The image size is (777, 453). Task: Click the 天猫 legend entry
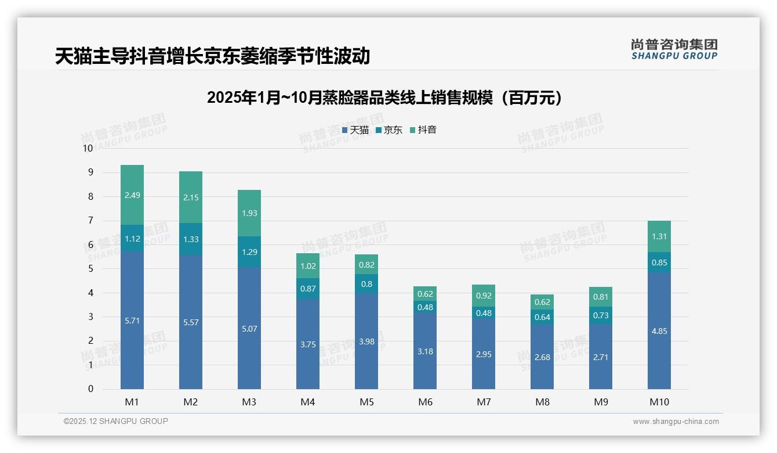(355, 130)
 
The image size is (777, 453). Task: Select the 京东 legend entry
(389, 130)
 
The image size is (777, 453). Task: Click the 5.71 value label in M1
(132, 321)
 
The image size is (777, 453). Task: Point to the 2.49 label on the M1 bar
(132, 195)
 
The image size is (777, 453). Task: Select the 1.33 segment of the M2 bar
(191, 239)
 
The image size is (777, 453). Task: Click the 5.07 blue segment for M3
(249, 329)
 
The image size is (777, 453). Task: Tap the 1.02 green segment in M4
(308, 266)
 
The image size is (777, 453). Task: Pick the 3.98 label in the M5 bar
(366, 341)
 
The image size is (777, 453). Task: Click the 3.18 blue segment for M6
(425, 351)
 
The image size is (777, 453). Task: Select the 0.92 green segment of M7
(484, 296)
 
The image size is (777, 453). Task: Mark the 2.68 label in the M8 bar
(542, 357)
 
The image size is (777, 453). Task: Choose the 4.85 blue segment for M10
(659, 331)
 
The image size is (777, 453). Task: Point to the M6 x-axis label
(425, 402)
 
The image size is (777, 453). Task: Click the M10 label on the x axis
(659, 402)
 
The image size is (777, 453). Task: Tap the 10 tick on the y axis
(88, 148)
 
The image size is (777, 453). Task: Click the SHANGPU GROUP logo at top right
(674, 49)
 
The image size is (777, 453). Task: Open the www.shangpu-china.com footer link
(676, 422)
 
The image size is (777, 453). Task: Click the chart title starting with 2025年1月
(384, 98)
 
